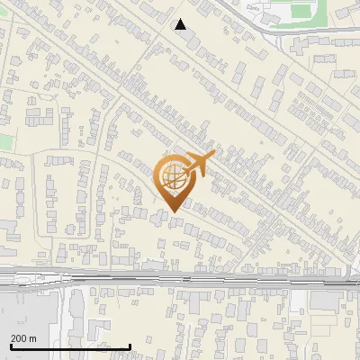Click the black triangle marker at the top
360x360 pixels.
pos(181,24)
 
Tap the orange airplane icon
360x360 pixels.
pos(199,165)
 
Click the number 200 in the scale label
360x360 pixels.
pos(19,338)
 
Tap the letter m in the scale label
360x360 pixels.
pos(33,338)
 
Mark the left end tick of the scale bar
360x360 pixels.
pos(10,346)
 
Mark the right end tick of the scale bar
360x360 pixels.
pos(130,346)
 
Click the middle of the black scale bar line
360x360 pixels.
pos(70,347)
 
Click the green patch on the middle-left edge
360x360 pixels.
pos(4,141)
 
